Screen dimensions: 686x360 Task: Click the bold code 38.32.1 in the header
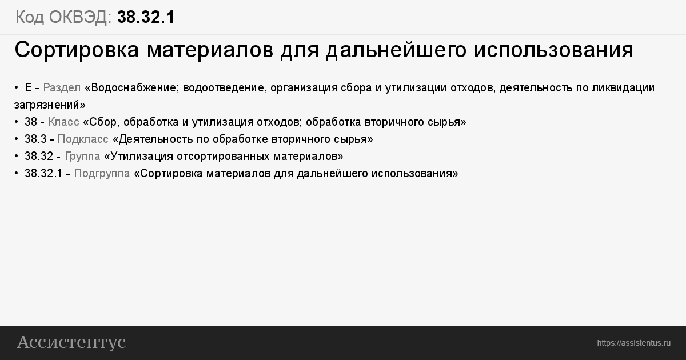[146, 17]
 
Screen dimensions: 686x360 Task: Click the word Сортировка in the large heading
[77, 50]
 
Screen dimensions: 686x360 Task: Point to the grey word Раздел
[62, 88]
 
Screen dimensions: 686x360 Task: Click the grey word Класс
[63, 122]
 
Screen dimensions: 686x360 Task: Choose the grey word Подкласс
[83, 139]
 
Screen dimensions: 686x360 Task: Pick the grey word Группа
[82, 157]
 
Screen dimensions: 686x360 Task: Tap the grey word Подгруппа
[102, 174]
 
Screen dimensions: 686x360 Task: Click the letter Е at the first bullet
[28, 87]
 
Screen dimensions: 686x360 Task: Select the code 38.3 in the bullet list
[35, 139]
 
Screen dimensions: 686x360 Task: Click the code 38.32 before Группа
[39, 156]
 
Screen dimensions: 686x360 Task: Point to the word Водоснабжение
[134, 88]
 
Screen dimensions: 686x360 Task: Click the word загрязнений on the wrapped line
[48, 105]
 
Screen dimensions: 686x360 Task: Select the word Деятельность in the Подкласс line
[156, 139]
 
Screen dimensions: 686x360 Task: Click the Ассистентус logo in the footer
[71, 342]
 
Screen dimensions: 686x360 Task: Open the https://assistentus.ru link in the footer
[633, 343]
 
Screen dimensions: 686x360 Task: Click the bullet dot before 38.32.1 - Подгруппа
[16, 174]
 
